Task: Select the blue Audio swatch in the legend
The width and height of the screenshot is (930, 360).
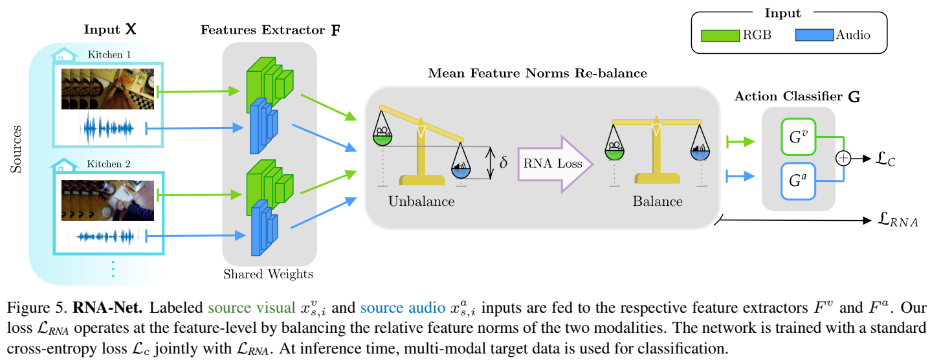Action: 814,35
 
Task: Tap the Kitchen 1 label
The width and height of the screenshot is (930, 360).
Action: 109,54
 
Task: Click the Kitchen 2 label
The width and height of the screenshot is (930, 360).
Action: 109,163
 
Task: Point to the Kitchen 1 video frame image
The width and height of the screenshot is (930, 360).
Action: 107,89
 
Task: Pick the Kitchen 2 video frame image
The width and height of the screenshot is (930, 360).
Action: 107,199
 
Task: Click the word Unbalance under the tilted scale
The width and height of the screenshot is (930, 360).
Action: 421,201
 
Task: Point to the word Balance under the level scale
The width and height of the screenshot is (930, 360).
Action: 658,201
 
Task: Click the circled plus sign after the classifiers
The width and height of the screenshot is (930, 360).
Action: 843,157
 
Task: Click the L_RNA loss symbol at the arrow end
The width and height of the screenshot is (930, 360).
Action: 896,221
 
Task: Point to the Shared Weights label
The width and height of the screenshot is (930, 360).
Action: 268,275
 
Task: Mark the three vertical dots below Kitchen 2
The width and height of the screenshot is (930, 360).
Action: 112,268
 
